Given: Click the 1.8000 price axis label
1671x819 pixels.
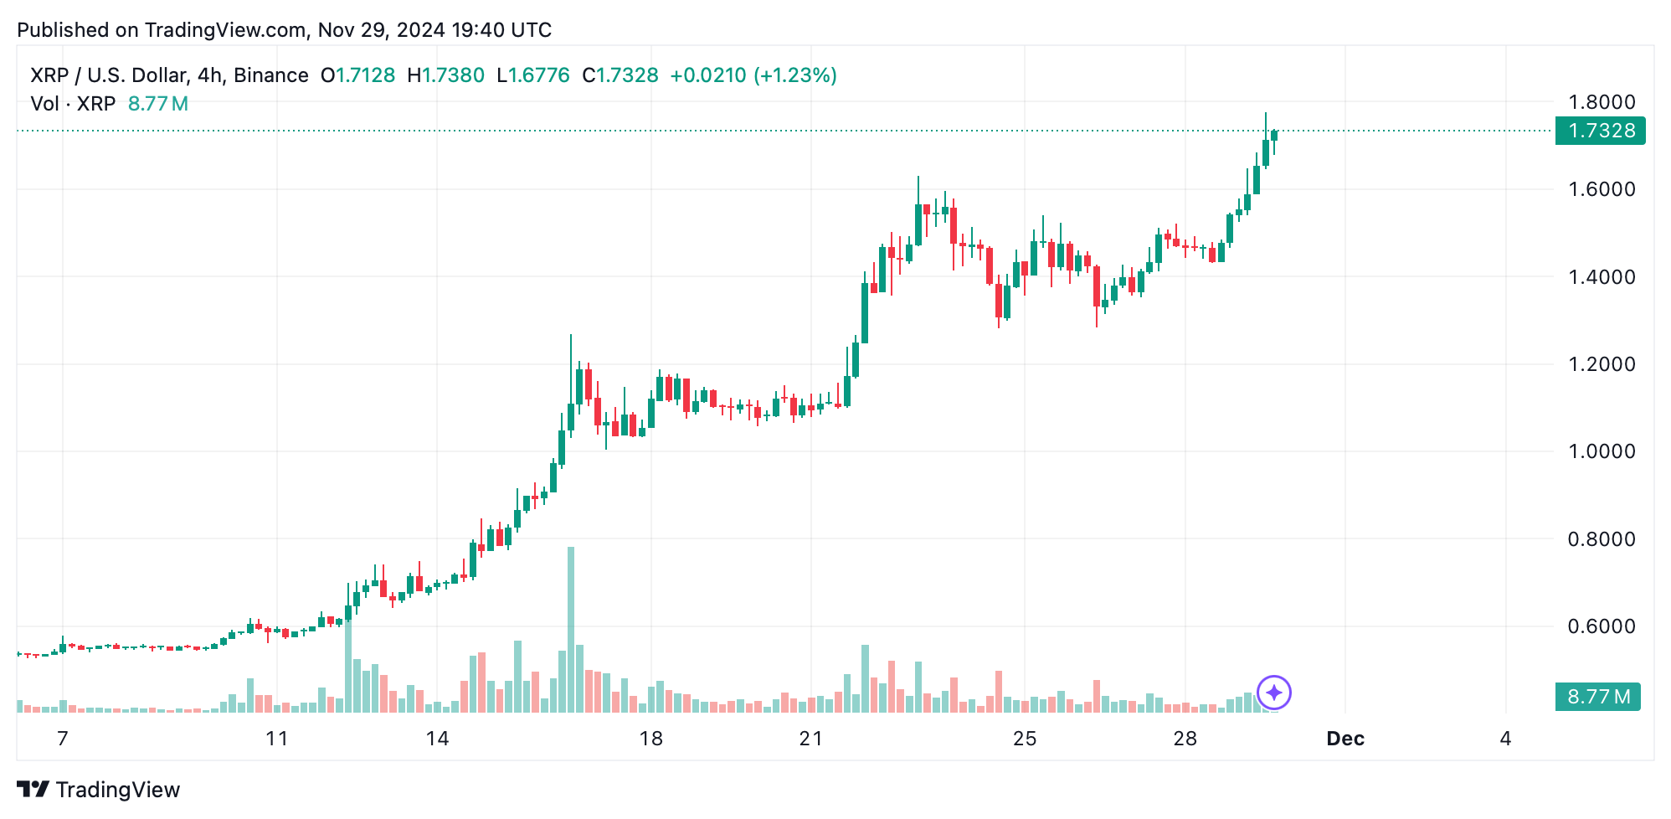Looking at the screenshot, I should [x=1601, y=102].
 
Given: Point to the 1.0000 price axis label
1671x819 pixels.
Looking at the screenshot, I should [x=1601, y=451].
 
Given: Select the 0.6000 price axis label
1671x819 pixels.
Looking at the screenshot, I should [x=1601, y=626].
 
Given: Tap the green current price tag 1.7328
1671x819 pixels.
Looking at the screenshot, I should [x=1600, y=131].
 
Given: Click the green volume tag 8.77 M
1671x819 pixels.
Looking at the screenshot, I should [x=1597, y=697].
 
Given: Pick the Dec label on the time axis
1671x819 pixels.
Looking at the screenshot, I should [x=1345, y=739].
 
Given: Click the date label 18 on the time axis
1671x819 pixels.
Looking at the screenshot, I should [x=650, y=739].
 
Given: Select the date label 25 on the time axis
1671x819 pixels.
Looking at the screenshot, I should [x=1025, y=739].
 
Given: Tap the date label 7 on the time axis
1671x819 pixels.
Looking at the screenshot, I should [x=62, y=739].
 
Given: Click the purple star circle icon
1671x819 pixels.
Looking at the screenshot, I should [x=1274, y=693].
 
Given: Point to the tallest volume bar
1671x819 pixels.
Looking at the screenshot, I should [x=571, y=628].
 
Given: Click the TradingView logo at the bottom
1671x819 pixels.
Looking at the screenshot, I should [x=99, y=790].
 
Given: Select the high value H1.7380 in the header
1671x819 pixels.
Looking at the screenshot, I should [x=446, y=75].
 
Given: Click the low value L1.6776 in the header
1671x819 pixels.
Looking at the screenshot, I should [x=533, y=75].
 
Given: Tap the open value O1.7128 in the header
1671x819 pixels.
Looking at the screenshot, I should [x=358, y=75].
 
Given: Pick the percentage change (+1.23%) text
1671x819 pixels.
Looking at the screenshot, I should [x=795, y=75].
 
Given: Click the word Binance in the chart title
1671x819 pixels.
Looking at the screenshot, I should [x=271, y=75].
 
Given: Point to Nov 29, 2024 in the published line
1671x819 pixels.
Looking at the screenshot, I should [x=381, y=30].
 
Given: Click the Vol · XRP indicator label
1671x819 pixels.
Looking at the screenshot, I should [x=73, y=104].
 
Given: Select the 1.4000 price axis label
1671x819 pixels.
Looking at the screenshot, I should [x=1601, y=277].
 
